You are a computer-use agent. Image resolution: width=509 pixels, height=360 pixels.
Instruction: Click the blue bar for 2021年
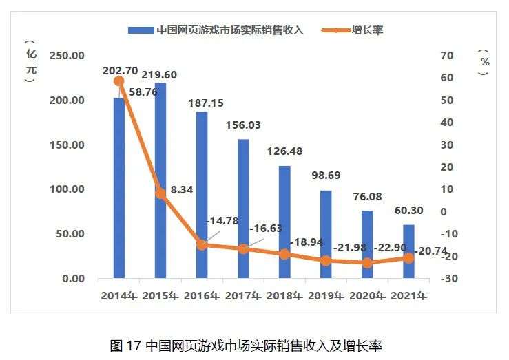(x=408, y=252)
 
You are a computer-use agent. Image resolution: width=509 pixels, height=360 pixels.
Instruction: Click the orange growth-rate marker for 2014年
(x=118, y=81)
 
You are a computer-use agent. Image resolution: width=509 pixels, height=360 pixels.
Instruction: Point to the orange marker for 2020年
(x=367, y=262)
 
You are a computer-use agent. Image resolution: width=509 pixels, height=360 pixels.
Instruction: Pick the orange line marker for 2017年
(x=243, y=248)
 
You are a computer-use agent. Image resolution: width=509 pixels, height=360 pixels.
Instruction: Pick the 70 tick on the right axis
(x=446, y=56)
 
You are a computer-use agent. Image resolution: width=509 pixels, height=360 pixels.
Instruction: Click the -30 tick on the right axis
(x=446, y=279)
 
